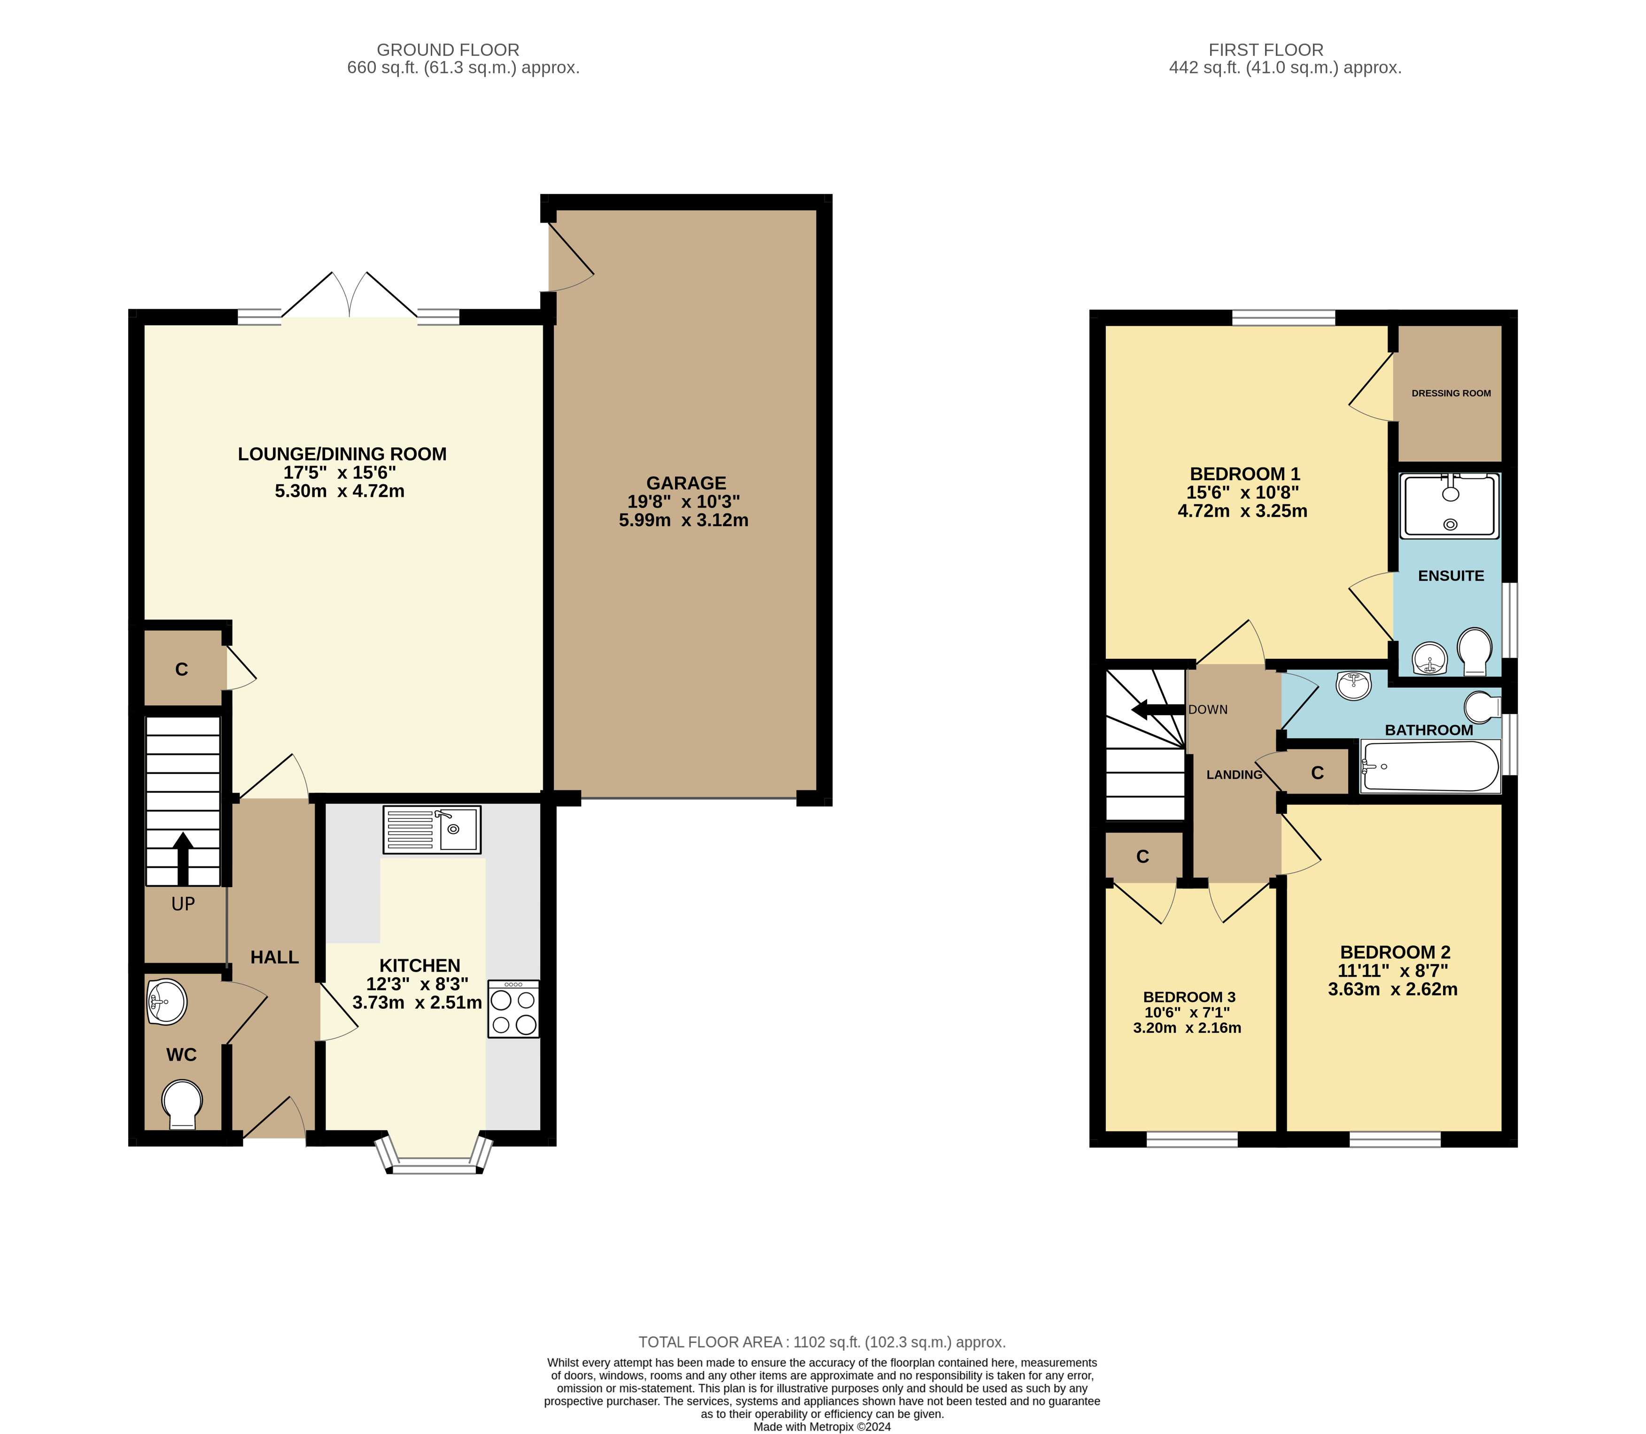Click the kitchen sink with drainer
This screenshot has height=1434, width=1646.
432,829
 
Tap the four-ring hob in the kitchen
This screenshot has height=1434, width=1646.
513,1009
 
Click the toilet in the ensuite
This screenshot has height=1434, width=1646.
1475,651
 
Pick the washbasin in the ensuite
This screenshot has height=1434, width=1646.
1430,659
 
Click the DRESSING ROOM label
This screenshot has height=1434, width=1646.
1451,393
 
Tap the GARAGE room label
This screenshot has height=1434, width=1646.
686,483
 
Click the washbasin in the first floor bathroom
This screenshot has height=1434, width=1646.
1353,685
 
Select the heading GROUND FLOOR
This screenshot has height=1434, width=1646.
448,50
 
